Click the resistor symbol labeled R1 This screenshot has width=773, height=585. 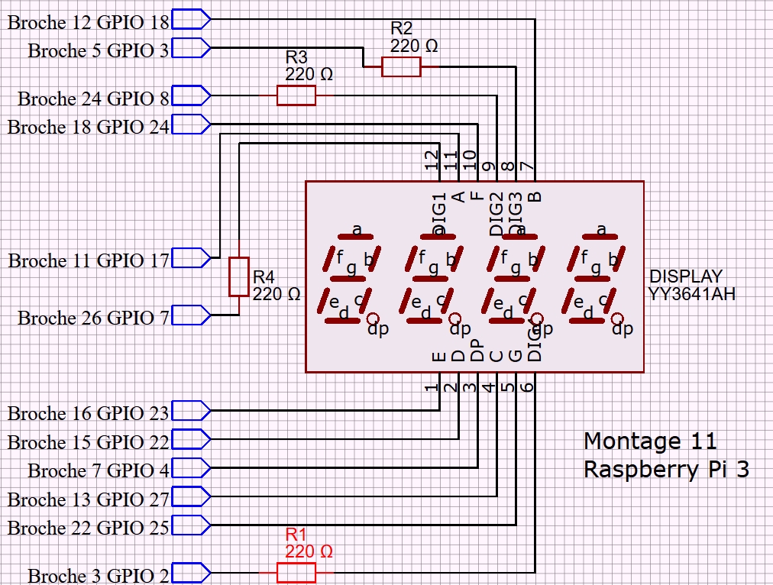click(296, 572)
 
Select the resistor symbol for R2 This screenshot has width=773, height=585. click(401, 67)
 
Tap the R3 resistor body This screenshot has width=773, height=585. click(296, 95)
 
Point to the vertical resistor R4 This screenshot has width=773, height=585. click(239, 276)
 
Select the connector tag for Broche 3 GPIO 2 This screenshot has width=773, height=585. click(191, 572)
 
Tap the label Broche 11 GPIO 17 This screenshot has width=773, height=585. click(89, 261)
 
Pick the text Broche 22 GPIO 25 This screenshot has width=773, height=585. click(89, 528)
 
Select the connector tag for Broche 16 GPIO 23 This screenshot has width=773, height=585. click(191, 411)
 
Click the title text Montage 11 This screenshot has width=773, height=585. click(650, 441)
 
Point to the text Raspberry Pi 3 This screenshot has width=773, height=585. click(666, 469)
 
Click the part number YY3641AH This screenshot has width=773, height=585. click(692, 293)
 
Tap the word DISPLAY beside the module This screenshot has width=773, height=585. click(685, 276)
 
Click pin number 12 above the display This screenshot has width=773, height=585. click(432, 160)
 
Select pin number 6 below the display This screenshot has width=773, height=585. click(527, 386)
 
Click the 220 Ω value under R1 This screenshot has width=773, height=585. click(309, 551)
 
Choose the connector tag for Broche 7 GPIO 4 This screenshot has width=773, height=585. click(191, 467)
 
